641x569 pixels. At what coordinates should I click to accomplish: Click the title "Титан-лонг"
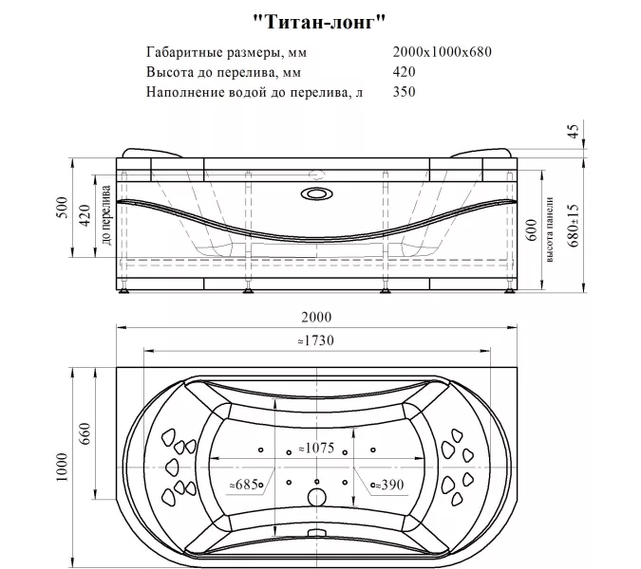tap(321, 19)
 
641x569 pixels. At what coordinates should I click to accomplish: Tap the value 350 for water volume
tap(403, 92)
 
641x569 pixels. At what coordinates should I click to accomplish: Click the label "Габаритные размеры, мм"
tap(227, 52)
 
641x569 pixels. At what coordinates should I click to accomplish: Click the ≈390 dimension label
tap(385, 485)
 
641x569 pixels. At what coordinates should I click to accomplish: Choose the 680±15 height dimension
tap(573, 225)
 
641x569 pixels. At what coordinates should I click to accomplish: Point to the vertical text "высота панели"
tap(550, 232)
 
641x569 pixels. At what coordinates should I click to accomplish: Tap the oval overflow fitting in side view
tap(316, 194)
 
